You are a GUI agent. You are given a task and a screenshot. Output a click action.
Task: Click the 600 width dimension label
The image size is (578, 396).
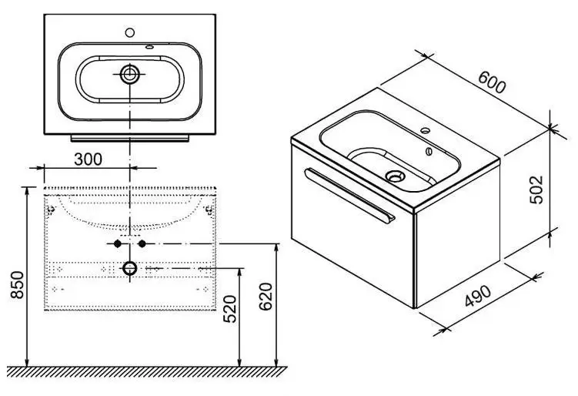coord(492,82)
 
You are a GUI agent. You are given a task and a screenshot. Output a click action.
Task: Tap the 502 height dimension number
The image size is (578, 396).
coord(536,190)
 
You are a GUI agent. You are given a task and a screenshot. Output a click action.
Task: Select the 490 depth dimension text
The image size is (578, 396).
coord(478,296)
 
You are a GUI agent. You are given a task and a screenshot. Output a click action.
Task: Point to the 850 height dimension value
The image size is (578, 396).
coord(17,284)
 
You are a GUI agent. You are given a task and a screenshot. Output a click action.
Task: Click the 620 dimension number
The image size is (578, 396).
coord(266,297)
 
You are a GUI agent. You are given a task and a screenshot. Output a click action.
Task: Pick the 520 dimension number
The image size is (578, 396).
coord(230,309)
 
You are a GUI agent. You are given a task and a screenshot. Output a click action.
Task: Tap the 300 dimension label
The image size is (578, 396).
coord(88,159)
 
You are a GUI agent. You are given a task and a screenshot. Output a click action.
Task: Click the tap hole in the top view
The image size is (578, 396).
coord(130,32)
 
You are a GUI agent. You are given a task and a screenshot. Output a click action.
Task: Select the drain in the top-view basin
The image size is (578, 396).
coord(130,74)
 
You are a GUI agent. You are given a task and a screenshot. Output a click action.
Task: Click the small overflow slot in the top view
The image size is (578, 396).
coord(149,47)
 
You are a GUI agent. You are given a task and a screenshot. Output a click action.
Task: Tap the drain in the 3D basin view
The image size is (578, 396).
coord(395,176)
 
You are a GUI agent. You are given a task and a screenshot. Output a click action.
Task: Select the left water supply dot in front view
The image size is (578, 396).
coord(118,243)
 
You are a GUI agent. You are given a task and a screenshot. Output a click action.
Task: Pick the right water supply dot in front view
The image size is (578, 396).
coord(142,243)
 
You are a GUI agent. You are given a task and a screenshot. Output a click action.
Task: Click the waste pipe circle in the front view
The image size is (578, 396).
coord(130,268)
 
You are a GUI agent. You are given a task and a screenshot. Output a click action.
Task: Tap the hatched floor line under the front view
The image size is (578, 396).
coord(147,372)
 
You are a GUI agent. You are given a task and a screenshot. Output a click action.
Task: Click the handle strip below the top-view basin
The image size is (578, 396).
coord(130,138)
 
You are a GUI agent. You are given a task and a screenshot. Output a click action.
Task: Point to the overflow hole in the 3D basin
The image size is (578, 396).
coord(429,151)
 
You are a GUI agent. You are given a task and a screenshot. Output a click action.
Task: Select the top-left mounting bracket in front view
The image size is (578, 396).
coord(51,210)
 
